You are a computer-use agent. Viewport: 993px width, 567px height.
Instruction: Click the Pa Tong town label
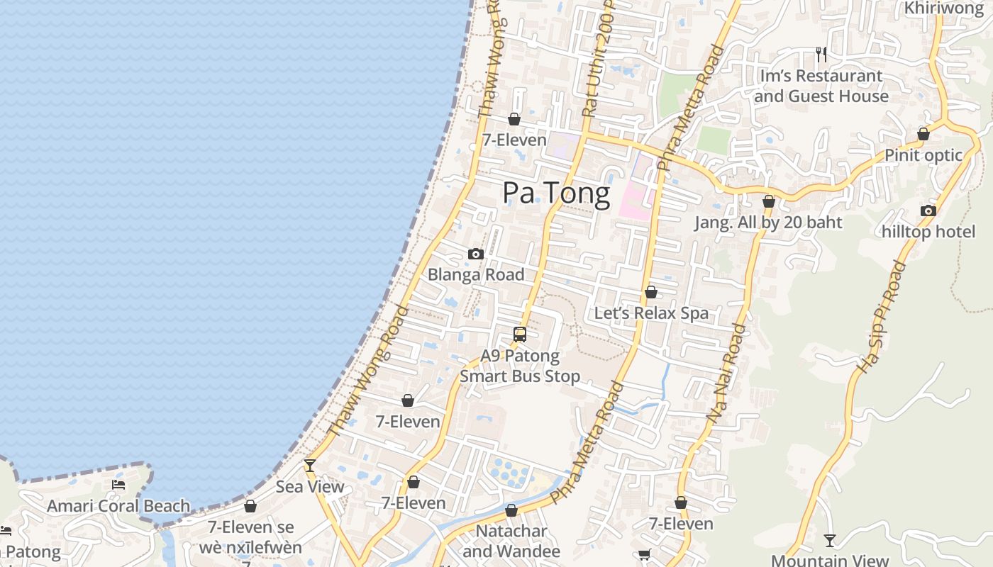tap(556, 193)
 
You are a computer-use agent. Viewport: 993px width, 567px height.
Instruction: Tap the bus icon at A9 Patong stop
tap(520, 335)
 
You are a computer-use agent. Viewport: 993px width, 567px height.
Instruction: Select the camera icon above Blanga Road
tap(476, 254)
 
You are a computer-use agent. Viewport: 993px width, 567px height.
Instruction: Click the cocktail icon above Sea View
tap(310, 466)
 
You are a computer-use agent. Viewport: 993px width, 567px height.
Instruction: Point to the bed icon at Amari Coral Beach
tap(118, 485)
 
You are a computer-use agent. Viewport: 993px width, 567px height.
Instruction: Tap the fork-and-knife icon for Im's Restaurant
tap(821, 54)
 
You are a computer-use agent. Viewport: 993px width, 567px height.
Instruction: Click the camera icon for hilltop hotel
tap(928, 210)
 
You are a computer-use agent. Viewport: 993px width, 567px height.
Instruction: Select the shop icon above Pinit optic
tap(923, 134)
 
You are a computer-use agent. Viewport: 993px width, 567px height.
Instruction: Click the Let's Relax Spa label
tap(651, 313)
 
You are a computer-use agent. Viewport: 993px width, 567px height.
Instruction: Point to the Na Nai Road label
tap(728, 374)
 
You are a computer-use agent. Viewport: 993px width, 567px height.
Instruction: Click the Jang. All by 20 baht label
tap(768, 223)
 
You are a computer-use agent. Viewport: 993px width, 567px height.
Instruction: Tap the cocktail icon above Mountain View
tap(829, 540)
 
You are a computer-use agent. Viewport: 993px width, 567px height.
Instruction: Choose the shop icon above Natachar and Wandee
tap(511, 510)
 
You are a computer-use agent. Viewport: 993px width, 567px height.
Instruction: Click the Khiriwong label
tap(943, 8)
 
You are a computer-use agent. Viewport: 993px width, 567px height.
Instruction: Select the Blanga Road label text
tap(476, 274)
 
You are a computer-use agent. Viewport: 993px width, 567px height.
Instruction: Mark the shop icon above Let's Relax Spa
tap(651, 292)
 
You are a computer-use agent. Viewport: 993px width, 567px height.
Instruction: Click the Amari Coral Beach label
tap(118, 506)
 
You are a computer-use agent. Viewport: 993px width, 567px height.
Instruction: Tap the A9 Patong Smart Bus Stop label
tap(520, 366)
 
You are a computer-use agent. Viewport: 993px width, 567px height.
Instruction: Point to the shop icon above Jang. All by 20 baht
tap(768, 202)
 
